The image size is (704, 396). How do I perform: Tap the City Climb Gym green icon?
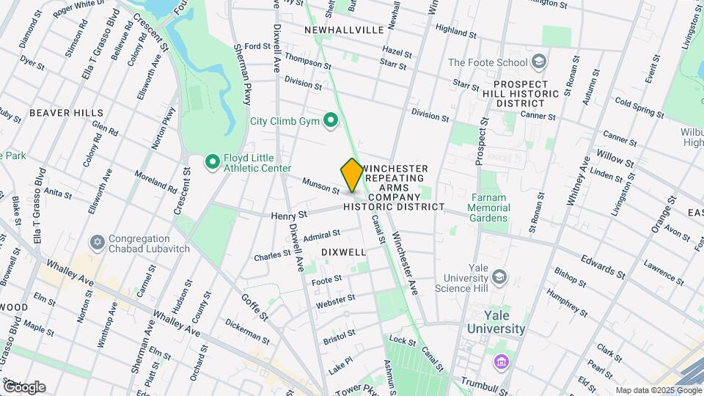pyautogui.click(x=331, y=120)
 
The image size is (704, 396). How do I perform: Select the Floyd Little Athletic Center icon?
pyautogui.click(x=213, y=161)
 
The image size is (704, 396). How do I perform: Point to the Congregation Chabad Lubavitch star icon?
pyautogui.click(x=96, y=242)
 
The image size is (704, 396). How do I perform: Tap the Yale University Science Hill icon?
pyautogui.click(x=499, y=276)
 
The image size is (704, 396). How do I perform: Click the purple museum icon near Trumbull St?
pyautogui.click(x=502, y=362)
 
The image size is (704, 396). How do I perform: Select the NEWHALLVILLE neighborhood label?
pyautogui.click(x=344, y=30)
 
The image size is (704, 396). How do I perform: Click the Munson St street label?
pyautogui.click(x=322, y=185)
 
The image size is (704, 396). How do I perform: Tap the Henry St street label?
pyautogui.click(x=288, y=216)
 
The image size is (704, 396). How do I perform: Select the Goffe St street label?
pyautogui.click(x=254, y=307)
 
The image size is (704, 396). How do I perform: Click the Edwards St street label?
pyautogui.click(x=601, y=267)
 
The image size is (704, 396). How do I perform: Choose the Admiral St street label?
pyautogui.click(x=322, y=235)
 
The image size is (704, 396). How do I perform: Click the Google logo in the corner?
pyautogui.click(x=24, y=386)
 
